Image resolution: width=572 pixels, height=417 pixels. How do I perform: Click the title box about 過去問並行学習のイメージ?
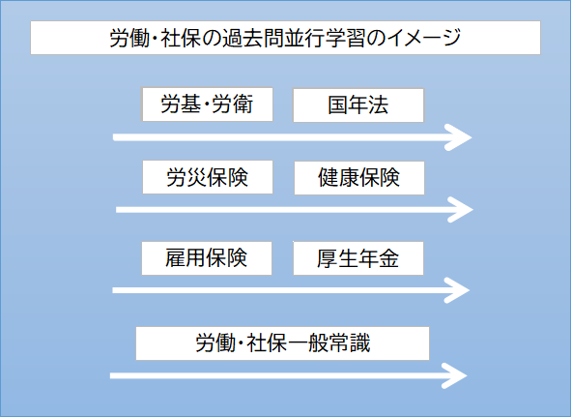click(x=285, y=38)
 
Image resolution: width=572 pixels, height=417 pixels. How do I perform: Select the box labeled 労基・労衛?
click(x=207, y=104)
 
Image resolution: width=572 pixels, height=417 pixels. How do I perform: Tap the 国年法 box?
click(x=358, y=105)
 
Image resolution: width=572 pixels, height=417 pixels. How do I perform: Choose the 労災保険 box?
click(x=208, y=177)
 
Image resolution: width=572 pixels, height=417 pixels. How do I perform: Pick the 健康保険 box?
click(x=359, y=178)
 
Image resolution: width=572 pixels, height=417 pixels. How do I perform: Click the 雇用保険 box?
click(x=207, y=258)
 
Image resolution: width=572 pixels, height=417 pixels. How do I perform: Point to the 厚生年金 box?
click(x=358, y=258)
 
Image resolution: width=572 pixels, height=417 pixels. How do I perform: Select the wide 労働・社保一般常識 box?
click(x=282, y=343)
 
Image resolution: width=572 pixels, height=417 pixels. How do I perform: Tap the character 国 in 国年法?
click(x=338, y=105)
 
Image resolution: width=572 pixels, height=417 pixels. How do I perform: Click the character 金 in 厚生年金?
click(x=388, y=258)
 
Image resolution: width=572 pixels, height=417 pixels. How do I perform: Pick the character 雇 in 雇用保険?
click(x=176, y=257)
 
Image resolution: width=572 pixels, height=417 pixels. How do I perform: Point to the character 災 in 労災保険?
click(x=197, y=178)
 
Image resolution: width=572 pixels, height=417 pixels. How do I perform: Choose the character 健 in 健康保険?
click(x=329, y=178)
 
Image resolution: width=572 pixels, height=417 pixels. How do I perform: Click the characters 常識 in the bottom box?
click(x=350, y=343)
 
